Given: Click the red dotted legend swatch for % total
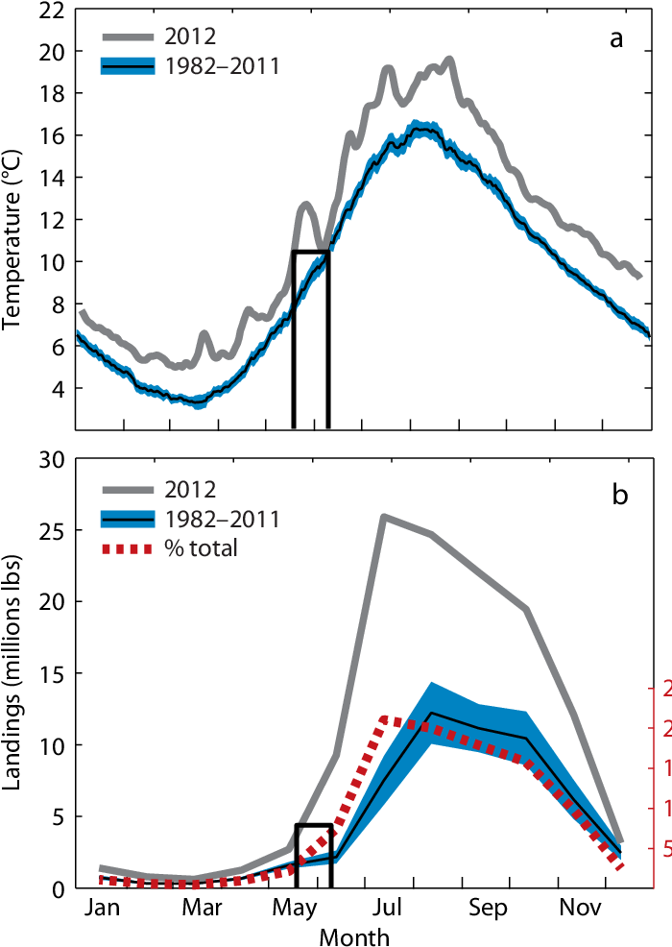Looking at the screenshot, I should pyautogui.click(x=127, y=549).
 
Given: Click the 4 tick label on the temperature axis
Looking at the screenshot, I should pyautogui.click(x=59, y=388).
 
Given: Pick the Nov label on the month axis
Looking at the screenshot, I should pyautogui.click(x=576, y=908).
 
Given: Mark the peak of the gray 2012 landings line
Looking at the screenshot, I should pyautogui.click(x=384, y=516).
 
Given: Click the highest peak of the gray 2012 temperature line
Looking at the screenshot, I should pyautogui.click(x=449, y=60).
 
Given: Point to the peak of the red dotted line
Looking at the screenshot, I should pyautogui.click(x=384, y=717).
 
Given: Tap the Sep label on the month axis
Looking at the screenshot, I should pyautogui.click(x=487, y=908).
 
